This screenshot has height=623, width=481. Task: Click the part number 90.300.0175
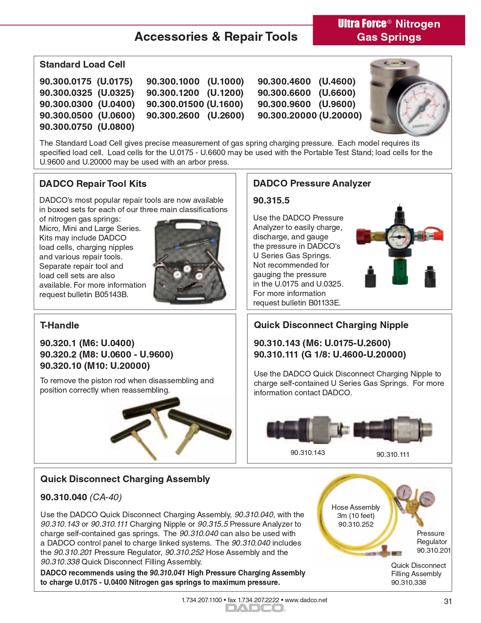click(x=65, y=82)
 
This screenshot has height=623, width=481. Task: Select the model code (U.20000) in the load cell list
click(x=340, y=116)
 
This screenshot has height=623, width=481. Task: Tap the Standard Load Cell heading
click(x=82, y=65)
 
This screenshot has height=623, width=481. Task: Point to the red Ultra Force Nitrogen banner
click(x=389, y=30)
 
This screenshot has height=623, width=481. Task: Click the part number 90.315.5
click(x=271, y=200)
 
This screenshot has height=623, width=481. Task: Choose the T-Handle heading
click(x=60, y=325)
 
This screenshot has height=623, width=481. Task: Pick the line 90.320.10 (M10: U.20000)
click(x=95, y=366)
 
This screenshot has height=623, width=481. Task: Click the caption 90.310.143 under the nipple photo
click(x=307, y=453)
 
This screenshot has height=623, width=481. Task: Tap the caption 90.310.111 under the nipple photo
click(x=393, y=455)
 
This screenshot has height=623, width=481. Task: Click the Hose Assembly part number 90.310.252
click(x=356, y=524)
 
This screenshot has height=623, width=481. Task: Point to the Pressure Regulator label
click(x=431, y=538)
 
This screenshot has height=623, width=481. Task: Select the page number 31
click(x=448, y=601)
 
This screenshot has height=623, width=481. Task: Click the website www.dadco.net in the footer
click(x=306, y=600)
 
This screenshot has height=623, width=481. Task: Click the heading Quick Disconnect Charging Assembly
click(x=125, y=479)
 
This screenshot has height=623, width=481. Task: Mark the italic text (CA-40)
click(x=105, y=497)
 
